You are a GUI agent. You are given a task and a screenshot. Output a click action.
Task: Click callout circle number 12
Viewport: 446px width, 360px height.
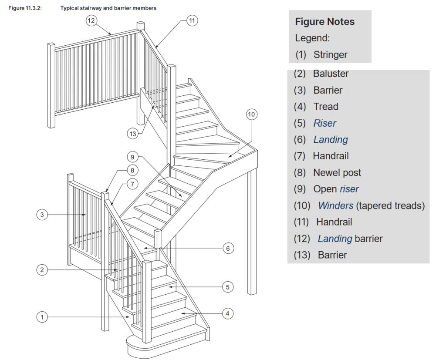[91, 21]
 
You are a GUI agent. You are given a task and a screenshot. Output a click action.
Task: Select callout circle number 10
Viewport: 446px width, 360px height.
[251, 114]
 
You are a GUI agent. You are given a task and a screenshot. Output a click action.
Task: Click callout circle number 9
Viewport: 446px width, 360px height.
[133, 157]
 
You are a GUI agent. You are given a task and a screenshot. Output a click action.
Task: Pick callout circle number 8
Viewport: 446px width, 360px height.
[132, 170]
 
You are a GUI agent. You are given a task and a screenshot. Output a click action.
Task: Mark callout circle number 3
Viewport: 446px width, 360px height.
[42, 215]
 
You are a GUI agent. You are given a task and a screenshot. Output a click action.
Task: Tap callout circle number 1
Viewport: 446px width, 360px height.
[42, 317]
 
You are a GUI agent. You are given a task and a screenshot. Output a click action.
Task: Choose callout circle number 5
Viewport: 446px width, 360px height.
[227, 287]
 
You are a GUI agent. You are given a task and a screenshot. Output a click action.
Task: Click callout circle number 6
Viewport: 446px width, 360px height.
[227, 249]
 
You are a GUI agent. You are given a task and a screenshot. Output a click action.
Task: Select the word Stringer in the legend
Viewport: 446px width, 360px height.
[330, 55]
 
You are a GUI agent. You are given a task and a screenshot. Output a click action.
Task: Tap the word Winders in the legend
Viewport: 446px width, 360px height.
[336, 205]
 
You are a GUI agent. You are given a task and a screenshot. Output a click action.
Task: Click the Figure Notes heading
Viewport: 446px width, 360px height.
[324, 22]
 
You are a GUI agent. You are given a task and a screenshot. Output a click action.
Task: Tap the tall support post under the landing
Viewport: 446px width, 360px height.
[252, 231]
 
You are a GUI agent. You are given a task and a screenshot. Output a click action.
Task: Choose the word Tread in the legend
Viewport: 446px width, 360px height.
[325, 107]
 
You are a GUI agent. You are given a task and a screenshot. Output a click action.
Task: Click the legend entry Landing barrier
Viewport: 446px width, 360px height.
[350, 239]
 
